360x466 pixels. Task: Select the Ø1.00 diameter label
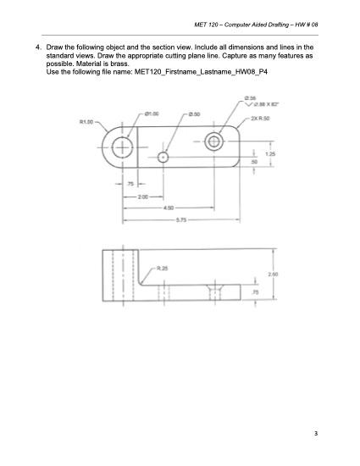(154, 114)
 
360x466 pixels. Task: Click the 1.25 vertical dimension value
(269, 154)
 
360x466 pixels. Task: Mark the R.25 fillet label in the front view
(162, 269)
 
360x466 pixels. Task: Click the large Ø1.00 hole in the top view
(123, 147)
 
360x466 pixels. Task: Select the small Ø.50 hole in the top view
(163, 157)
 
